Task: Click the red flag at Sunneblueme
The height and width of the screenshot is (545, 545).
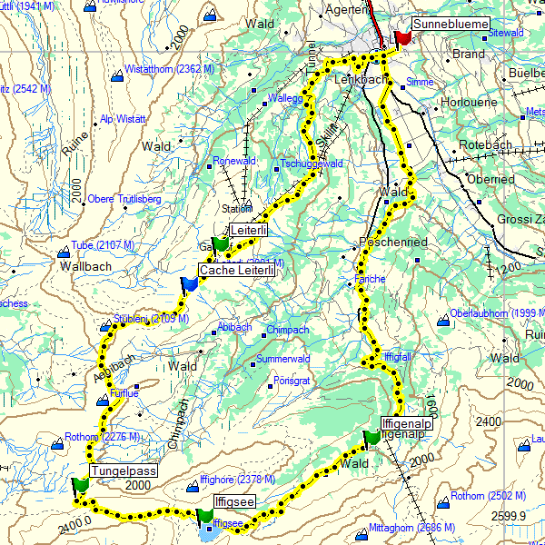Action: pos(401,37)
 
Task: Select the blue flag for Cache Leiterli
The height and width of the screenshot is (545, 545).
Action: pos(188,284)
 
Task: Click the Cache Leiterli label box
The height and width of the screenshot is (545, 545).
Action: pos(237,270)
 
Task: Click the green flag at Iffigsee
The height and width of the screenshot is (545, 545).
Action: pos(204,516)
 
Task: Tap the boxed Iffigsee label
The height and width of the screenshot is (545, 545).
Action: pos(236,501)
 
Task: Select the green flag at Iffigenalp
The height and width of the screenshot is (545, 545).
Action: pos(371,438)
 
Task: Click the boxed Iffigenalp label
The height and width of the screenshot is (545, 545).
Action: pos(406,423)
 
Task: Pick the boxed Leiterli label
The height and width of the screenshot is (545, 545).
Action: pos(249,231)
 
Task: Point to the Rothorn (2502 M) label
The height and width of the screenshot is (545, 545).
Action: pos(488,496)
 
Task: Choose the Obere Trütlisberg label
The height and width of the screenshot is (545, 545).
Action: pos(124,199)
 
